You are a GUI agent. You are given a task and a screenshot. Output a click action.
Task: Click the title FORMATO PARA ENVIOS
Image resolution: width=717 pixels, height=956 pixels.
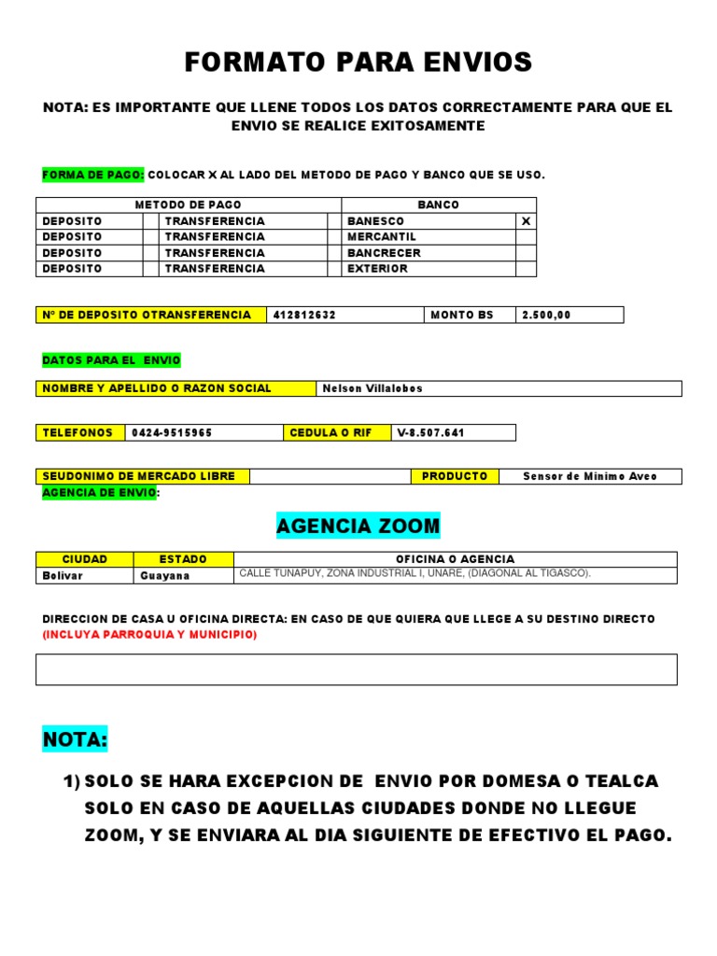point(358,63)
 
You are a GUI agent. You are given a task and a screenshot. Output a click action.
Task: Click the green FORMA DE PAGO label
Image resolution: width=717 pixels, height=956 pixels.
point(93,175)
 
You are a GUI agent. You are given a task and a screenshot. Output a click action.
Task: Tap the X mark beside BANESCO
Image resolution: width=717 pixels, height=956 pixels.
point(526,221)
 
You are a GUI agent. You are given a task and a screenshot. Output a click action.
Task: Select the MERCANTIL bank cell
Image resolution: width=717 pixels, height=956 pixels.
point(382,237)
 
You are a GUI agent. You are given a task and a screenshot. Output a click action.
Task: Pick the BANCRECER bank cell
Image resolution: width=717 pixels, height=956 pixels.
point(384,253)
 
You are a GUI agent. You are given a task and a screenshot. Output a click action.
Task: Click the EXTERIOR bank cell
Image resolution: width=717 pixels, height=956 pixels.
point(377,269)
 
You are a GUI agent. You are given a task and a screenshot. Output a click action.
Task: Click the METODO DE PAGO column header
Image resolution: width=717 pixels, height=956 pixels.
point(188,205)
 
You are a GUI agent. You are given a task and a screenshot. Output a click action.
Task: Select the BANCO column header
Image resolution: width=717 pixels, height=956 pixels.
point(438,205)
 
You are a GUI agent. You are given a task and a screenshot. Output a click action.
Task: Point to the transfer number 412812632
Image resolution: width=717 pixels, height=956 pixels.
point(304,316)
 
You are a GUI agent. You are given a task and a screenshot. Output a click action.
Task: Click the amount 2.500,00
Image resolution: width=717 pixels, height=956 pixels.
point(546,316)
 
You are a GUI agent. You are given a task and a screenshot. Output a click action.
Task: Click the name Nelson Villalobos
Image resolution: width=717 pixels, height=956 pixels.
point(373,388)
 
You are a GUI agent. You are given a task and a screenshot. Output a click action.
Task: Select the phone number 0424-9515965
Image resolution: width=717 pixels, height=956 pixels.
point(172,433)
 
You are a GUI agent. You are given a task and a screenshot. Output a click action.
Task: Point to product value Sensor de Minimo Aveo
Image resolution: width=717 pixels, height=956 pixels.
point(589,476)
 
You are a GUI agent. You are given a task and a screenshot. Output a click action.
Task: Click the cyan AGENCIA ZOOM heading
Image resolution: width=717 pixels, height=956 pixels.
point(358,527)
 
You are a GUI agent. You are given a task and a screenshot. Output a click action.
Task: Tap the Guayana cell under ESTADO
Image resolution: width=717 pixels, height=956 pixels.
point(165,576)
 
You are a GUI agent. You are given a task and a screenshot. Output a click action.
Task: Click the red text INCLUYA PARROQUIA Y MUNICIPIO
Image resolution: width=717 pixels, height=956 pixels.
point(149,635)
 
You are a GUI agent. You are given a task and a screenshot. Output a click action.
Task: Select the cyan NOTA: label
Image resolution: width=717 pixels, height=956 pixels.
point(75,740)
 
